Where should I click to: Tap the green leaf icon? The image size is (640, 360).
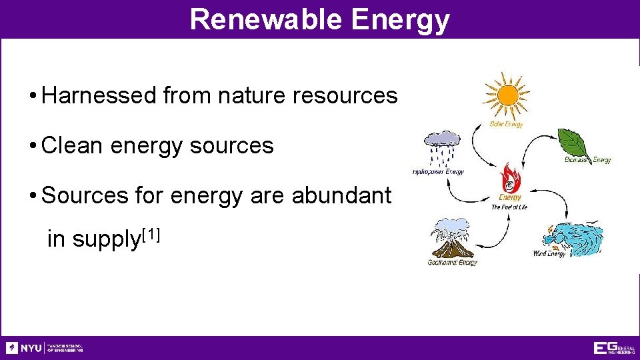[573, 142]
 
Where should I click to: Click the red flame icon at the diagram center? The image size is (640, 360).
[510, 177]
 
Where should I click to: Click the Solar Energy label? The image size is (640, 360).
[507, 124]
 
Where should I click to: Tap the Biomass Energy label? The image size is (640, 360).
[587, 160]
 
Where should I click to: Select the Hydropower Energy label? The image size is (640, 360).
[437, 172]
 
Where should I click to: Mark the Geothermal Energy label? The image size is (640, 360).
[452, 262]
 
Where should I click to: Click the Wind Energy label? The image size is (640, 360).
[549, 254]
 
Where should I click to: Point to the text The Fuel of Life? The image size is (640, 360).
[509, 207]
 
